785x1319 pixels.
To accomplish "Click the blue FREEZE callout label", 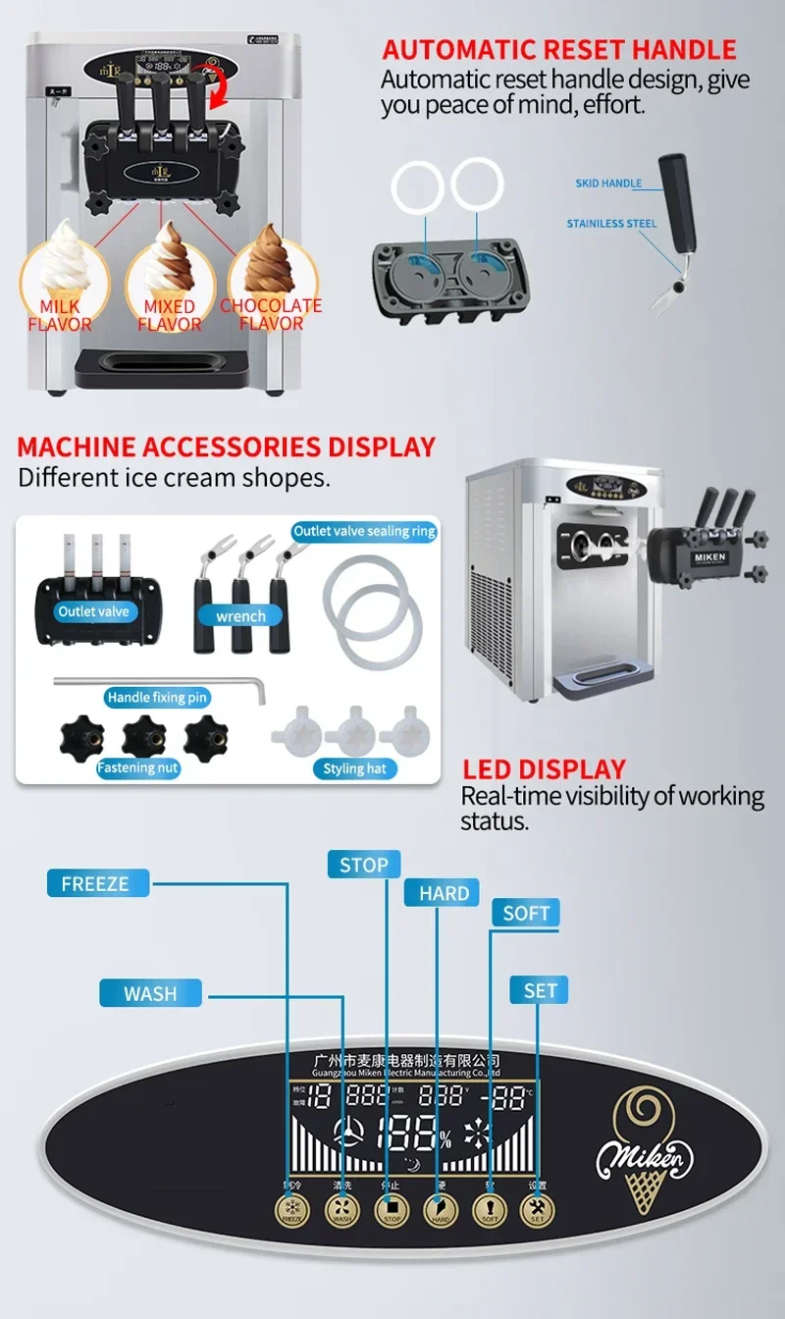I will coord(96,883).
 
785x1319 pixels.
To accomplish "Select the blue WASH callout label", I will coord(150,993).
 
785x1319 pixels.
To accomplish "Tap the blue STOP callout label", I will coord(364,865).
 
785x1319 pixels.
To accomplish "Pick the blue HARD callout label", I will coord(444,893).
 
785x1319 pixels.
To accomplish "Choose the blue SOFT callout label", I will coord(526,913).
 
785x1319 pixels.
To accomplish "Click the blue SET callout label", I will coord(540,990).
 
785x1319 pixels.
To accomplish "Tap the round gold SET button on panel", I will coord(537,1210).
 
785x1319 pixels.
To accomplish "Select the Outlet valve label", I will coord(93,611).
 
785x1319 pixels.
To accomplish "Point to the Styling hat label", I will coord(354,768).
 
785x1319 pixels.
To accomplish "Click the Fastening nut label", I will coord(138,767).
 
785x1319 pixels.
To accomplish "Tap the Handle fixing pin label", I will coord(158,697).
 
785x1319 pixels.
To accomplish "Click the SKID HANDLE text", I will coord(608,184).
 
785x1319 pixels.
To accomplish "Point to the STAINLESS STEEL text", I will coord(611,224).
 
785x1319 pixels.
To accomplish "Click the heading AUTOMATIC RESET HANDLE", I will coord(559,49).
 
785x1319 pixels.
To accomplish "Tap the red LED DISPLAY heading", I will coord(544,769).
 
